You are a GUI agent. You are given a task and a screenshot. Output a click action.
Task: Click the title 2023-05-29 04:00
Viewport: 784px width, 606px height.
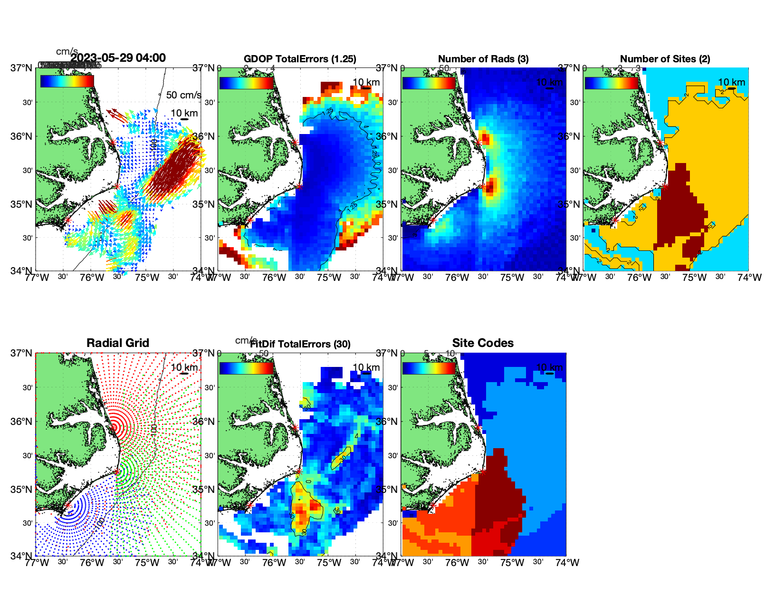tap(118, 58)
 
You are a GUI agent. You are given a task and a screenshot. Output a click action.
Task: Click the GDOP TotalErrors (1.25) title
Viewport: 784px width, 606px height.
tap(300, 59)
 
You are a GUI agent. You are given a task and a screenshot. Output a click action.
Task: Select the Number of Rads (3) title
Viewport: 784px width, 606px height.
tap(483, 59)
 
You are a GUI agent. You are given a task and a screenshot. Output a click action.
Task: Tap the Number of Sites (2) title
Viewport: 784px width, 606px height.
tap(665, 59)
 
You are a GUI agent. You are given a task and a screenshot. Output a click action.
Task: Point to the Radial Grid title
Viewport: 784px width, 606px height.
tap(118, 343)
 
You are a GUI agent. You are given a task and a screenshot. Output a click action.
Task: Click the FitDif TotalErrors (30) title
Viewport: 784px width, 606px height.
tap(300, 344)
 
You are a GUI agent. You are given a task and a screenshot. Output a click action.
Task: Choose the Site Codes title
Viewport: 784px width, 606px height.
tap(483, 343)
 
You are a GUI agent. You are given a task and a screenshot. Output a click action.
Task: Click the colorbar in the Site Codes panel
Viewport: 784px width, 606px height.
tap(429, 368)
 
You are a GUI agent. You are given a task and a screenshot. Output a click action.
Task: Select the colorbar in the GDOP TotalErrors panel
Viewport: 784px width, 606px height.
tap(247, 83)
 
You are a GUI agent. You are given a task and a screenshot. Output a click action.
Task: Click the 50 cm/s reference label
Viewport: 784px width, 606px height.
tap(183, 95)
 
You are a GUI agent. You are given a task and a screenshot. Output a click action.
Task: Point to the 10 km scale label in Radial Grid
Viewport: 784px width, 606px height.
tap(184, 367)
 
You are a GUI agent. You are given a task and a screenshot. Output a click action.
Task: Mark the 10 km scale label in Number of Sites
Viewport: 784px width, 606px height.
tap(731, 82)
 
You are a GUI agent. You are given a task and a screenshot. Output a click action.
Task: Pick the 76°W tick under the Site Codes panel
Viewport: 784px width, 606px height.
tap(457, 563)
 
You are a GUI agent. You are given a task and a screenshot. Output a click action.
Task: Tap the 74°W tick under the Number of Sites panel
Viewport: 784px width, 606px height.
tap(749, 278)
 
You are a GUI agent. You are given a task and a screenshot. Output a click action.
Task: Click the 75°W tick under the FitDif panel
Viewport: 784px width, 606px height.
tap(329, 563)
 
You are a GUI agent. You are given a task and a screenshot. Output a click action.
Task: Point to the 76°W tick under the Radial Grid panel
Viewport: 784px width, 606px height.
tap(92, 563)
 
